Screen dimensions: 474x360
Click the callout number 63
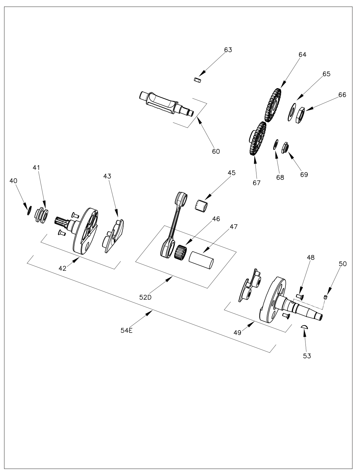pyautogui.click(x=228, y=50)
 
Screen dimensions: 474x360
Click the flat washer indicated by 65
pyautogui.click(x=292, y=112)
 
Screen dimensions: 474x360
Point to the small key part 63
pyautogui.click(x=198, y=80)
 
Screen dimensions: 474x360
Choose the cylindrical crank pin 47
pyautogui.click(x=201, y=260)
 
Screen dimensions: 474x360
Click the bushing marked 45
pyautogui.click(x=202, y=205)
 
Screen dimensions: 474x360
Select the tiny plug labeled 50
pyautogui.click(x=326, y=297)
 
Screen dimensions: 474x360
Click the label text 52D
pyautogui.click(x=145, y=297)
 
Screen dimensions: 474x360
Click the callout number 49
pyautogui.click(x=238, y=333)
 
